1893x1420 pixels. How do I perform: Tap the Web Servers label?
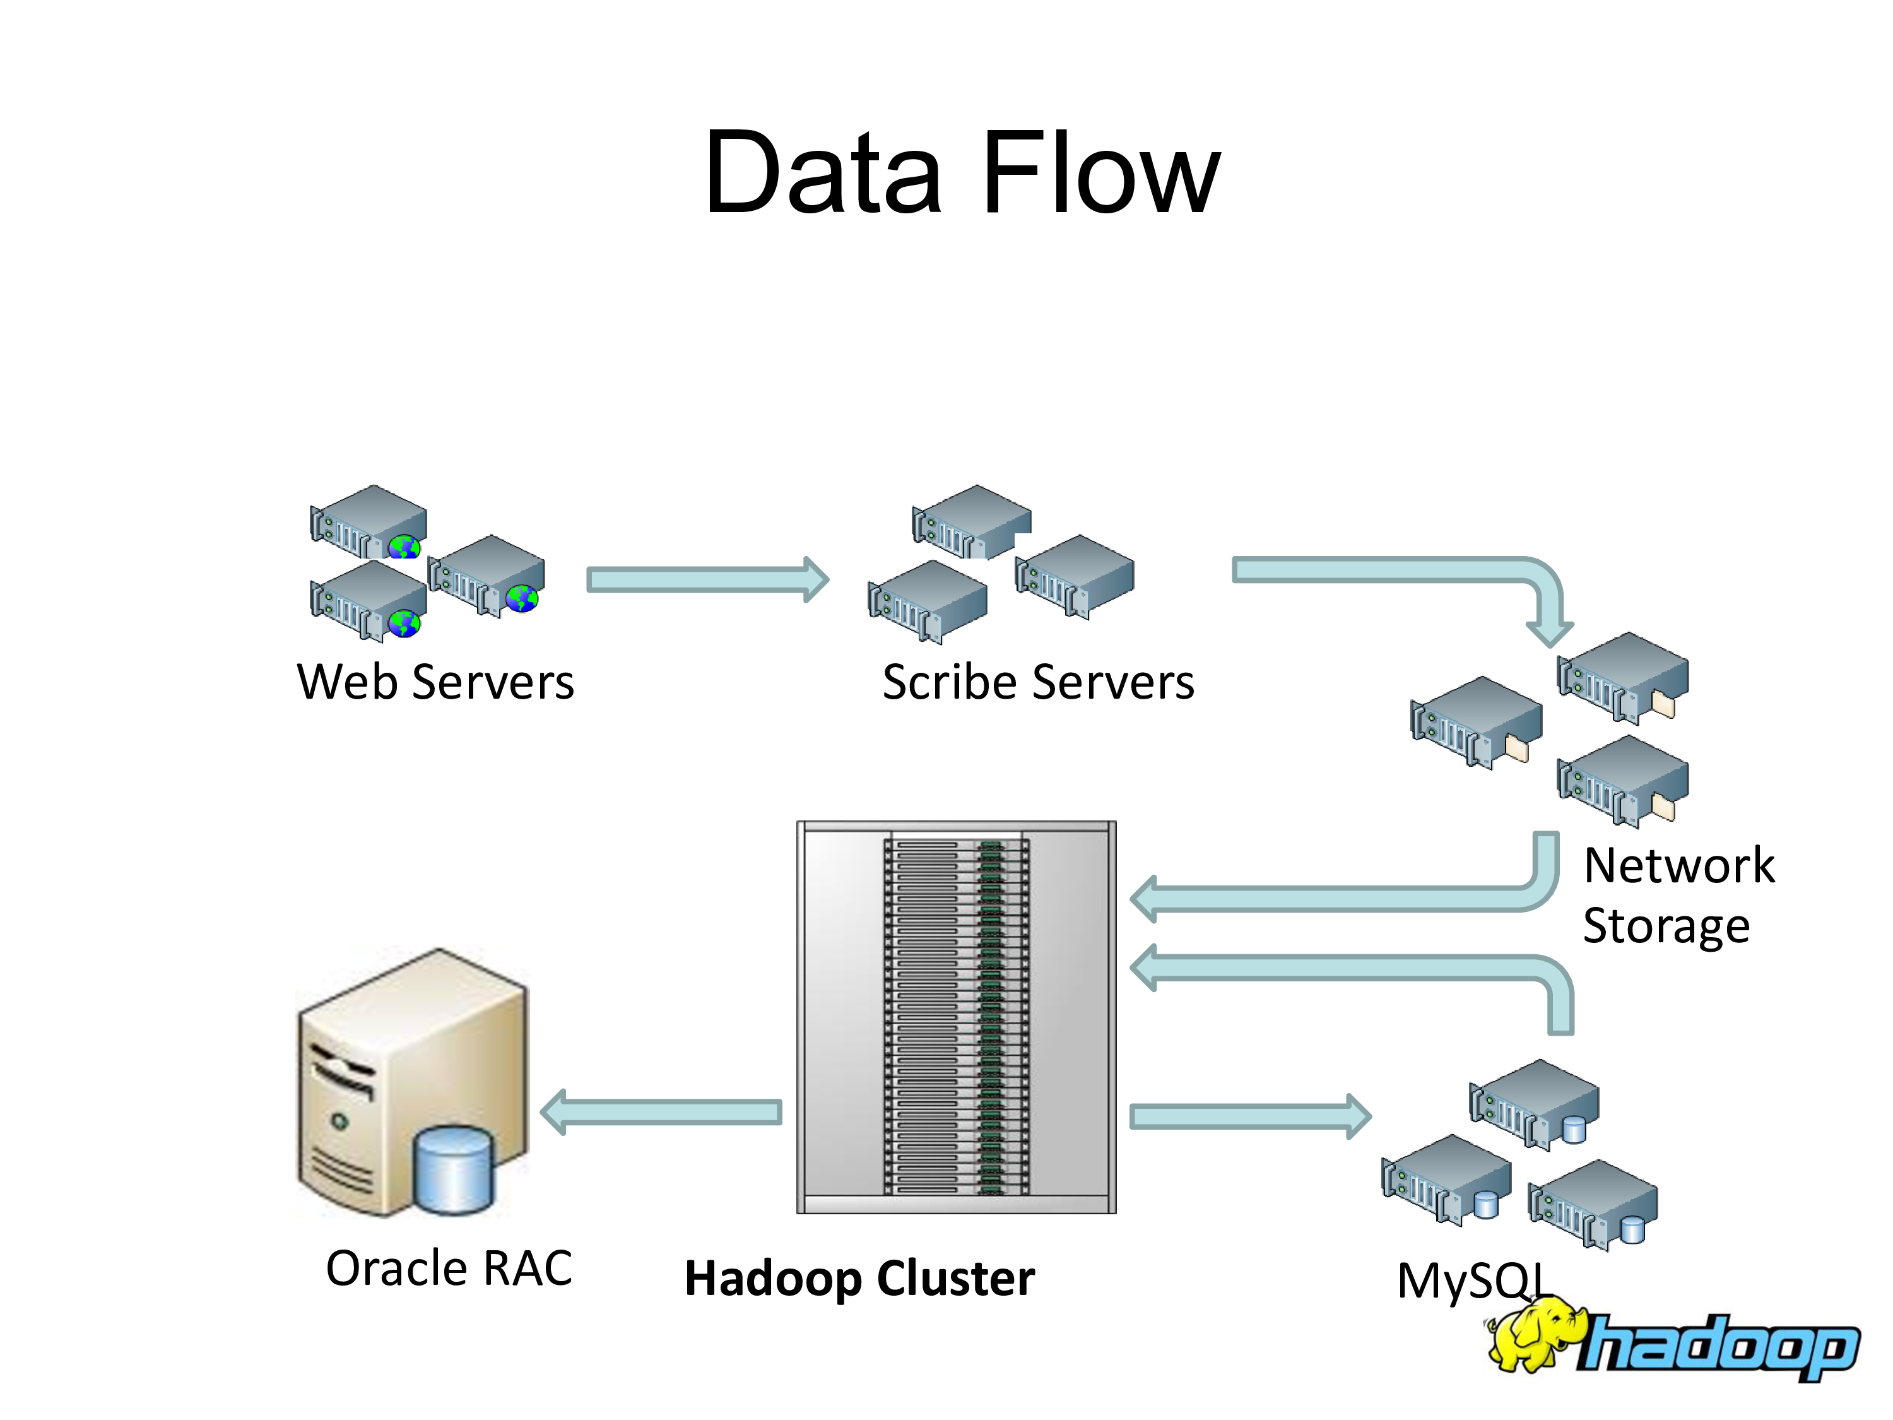coord(435,682)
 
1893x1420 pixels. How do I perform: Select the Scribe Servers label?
coord(1037,682)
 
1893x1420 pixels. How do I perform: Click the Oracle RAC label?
coord(449,1268)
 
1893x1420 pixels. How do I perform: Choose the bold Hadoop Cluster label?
coord(859,1278)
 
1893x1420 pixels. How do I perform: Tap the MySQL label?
coord(1473,1281)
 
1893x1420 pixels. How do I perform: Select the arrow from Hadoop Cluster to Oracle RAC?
coord(661,1112)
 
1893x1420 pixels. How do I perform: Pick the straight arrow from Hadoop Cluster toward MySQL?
coord(1249,1116)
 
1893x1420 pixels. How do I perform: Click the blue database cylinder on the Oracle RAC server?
coord(454,1169)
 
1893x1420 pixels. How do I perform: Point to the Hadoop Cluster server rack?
coord(956,1017)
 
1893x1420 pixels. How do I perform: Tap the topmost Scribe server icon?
coord(971,521)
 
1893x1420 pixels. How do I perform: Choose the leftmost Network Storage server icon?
coord(1477,721)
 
